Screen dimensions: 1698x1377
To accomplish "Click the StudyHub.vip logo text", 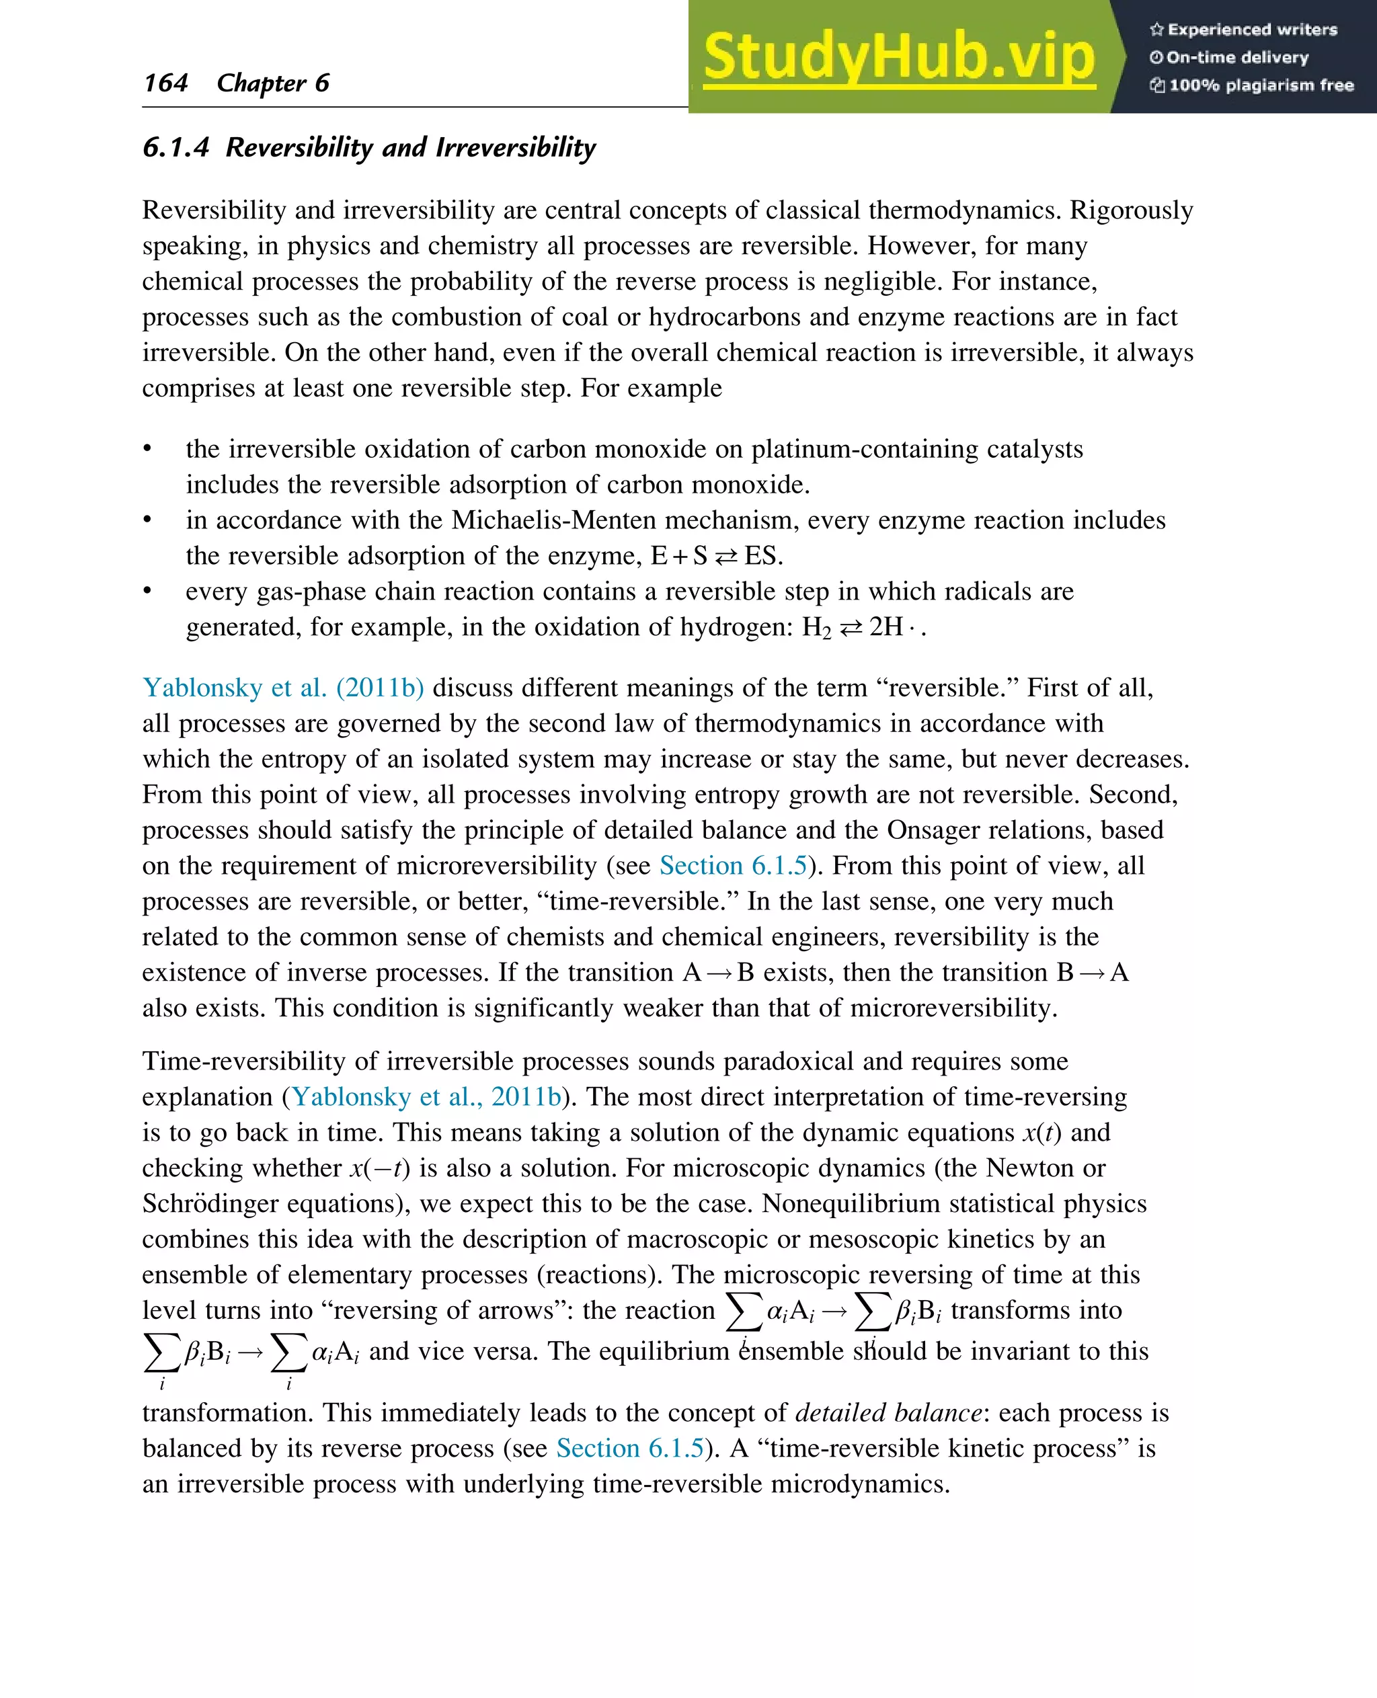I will coord(899,57).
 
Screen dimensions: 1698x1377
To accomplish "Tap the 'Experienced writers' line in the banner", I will coord(1243,30).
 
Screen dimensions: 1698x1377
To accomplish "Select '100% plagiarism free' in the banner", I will coord(1252,85).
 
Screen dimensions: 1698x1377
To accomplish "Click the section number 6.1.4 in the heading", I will coord(175,147).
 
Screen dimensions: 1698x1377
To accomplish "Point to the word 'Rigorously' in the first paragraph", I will coord(1131,210).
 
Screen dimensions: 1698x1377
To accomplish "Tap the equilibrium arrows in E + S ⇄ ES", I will coord(725,557).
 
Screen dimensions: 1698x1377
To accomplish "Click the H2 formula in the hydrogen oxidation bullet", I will coord(816,627).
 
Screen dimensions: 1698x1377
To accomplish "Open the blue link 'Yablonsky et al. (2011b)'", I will coord(282,688).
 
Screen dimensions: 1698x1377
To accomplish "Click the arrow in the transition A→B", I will coord(719,973).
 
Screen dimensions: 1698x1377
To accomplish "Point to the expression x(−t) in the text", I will coord(380,1168).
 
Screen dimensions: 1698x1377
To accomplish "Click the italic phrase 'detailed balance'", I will coord(888,1412).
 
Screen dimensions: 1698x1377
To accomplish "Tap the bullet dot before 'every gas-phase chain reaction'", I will coord(147,592).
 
